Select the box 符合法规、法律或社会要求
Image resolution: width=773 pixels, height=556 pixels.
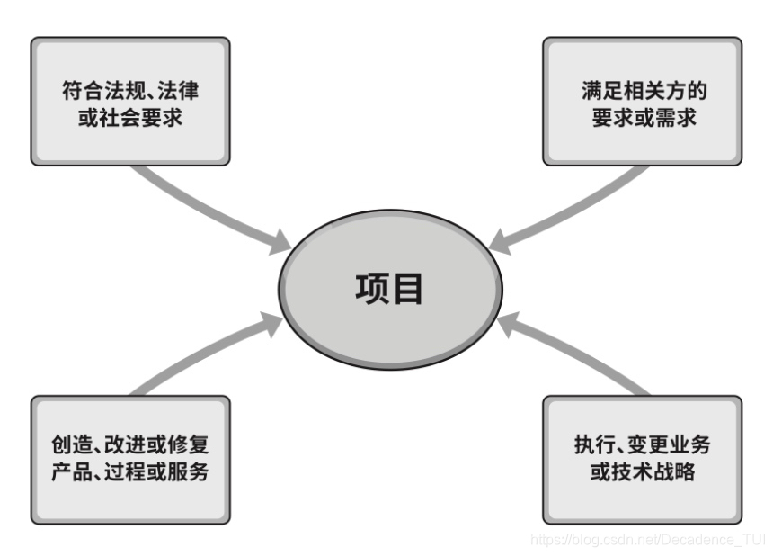point(130,101)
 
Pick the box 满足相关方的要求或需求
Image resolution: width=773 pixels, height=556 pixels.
point(643,101)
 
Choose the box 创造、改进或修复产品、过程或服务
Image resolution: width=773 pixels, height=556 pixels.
point(130,459)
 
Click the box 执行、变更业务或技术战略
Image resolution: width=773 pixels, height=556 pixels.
point(643,459)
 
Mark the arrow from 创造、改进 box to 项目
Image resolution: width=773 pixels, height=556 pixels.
point(207,355)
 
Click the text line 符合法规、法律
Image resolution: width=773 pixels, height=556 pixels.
point(130,90)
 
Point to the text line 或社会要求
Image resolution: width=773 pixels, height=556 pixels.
point(130,116)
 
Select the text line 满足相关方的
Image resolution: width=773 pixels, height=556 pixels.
point(643,90)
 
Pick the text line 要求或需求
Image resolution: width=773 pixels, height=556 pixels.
point(643,116)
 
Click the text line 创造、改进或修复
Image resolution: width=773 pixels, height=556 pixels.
point(130,445)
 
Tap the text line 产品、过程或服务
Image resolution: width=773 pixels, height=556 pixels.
point(130,471)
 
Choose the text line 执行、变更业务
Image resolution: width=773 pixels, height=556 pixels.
point(643,445)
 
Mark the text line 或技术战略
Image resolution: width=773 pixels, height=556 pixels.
point(643,471)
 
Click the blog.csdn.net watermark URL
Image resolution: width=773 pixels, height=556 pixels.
point(647,540)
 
